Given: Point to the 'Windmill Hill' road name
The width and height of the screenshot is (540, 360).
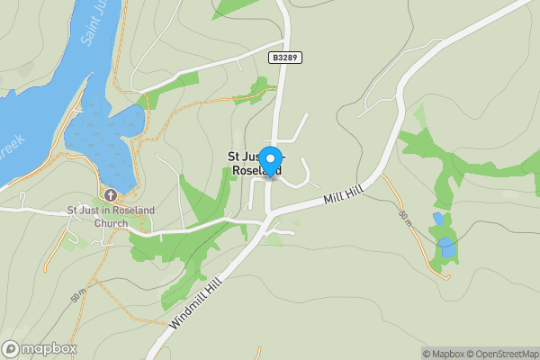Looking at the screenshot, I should point(193,301).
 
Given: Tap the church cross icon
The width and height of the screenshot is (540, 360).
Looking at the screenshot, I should point(111,195).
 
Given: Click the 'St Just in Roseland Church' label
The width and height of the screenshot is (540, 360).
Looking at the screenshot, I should point(112,217).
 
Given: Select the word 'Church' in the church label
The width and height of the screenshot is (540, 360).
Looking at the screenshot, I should point(112,223).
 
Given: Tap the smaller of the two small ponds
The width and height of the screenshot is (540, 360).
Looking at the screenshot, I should point(437,219).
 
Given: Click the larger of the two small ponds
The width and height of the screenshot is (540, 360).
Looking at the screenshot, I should point(445,247).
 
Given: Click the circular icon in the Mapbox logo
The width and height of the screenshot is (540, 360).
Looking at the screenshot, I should point(12,348).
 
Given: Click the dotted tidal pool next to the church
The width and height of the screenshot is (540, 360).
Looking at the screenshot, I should point(103,144).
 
